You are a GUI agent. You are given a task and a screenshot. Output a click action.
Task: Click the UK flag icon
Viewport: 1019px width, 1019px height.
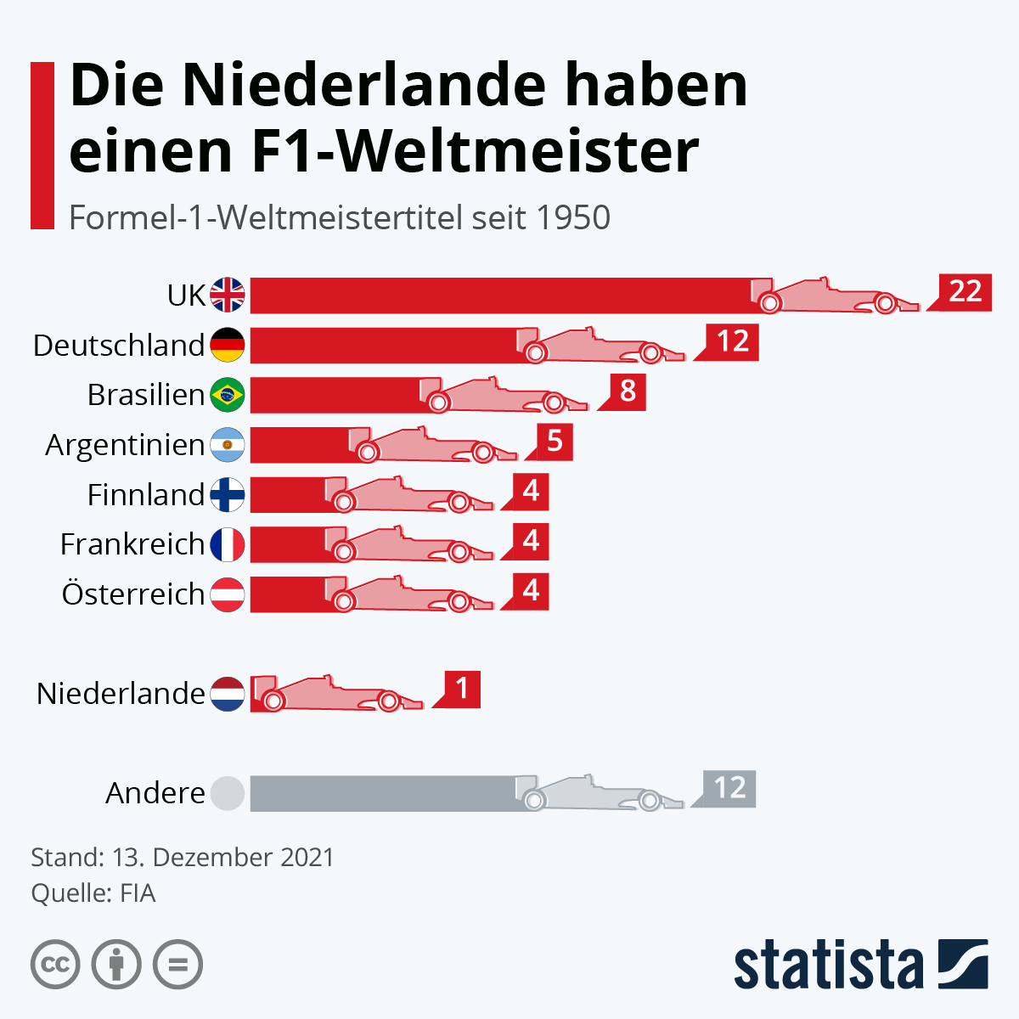228,295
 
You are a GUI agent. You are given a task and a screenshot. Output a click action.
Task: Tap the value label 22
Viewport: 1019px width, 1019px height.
965,292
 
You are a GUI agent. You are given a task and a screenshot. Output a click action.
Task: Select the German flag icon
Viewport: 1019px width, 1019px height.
228,345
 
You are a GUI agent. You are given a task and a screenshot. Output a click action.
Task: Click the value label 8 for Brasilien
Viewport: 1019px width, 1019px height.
627,391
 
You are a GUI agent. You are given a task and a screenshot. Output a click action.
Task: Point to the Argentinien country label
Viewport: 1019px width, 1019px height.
125,445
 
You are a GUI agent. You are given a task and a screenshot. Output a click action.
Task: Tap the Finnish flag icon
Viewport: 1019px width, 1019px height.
228,494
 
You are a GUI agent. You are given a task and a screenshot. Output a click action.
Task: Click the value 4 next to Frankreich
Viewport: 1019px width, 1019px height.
531,541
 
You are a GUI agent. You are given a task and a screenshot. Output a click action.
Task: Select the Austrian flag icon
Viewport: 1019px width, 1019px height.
228,594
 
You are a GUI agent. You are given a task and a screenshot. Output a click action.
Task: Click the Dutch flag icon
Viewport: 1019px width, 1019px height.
228,694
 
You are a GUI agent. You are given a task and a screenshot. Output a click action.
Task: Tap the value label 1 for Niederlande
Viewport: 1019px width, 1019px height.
462,689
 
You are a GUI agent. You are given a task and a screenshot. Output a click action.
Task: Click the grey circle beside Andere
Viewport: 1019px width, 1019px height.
228,793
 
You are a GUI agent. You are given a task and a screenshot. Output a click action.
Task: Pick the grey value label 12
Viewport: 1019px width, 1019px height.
729,789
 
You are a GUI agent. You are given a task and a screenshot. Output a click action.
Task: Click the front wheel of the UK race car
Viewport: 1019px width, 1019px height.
885,302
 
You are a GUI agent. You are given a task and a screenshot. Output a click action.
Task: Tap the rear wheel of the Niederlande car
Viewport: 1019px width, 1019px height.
273,701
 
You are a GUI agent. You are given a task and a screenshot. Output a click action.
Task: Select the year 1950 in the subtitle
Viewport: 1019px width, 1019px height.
573,217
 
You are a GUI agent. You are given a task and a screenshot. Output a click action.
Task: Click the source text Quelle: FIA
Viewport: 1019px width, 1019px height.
93,893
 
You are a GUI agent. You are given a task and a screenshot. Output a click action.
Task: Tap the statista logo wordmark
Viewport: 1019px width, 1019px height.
828,966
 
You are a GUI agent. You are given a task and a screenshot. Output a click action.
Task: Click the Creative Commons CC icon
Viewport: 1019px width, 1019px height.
55,965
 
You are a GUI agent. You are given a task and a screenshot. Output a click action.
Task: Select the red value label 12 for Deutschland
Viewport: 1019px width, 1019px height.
732,342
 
